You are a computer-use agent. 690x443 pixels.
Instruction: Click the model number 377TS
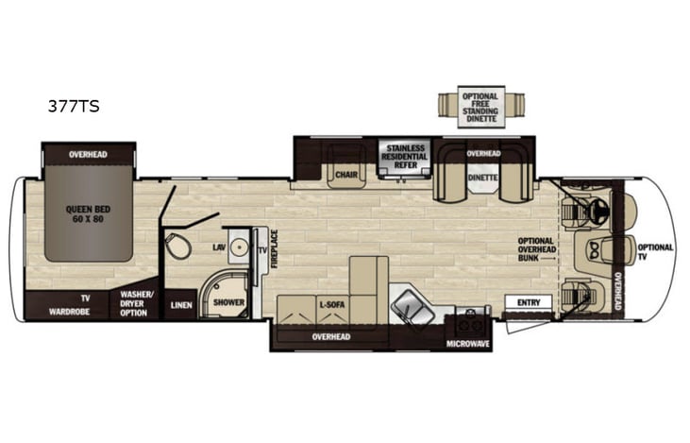tap(74, 107)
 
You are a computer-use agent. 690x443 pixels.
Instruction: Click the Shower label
tap(228, 303)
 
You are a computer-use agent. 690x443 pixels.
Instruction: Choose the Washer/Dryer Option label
tap(133, 303)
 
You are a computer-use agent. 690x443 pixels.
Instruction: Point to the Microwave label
tap(467, 344)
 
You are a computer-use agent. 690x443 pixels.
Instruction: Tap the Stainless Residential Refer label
tap(404, 156)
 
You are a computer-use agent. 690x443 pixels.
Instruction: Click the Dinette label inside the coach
tap(482, 175)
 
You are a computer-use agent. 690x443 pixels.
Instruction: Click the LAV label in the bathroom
tap(219, 247)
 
